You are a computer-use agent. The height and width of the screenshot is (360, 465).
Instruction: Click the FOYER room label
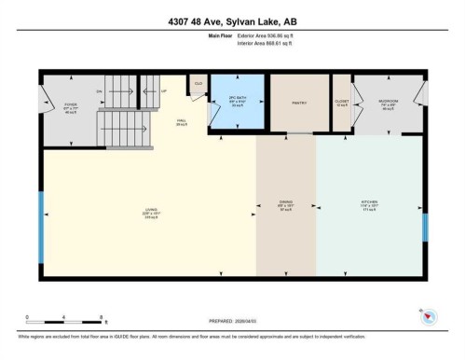tap(70, 105)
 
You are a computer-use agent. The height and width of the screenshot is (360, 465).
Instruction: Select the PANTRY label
tap(299, 103)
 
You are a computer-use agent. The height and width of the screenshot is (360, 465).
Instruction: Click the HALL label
tap(183, 120)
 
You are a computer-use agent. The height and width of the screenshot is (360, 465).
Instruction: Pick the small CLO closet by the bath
tap(198, 83)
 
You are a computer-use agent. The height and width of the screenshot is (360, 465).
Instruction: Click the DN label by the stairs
tap(98, 91)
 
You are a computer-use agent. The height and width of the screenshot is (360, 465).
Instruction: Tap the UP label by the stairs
tap(164, 91)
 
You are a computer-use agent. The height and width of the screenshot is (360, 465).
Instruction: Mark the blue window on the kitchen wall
tap(425, 228)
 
